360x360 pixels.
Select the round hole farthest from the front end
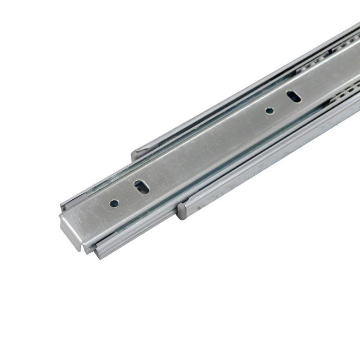click(x=270, y=110)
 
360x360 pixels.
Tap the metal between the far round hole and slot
click(x=282, y=104)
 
